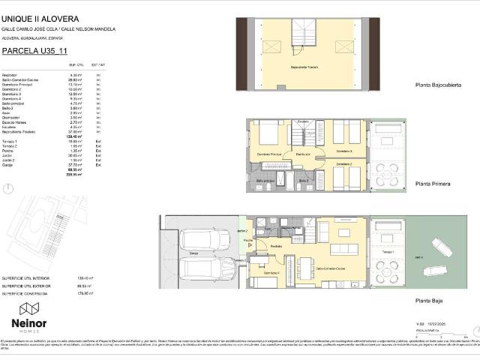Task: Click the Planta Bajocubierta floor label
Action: (x=438, y=86)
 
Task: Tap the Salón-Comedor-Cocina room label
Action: (x=330, y=268)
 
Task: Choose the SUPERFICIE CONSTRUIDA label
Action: (x=26, y=294)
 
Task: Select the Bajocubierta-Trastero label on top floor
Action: (x=304, y=67)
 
